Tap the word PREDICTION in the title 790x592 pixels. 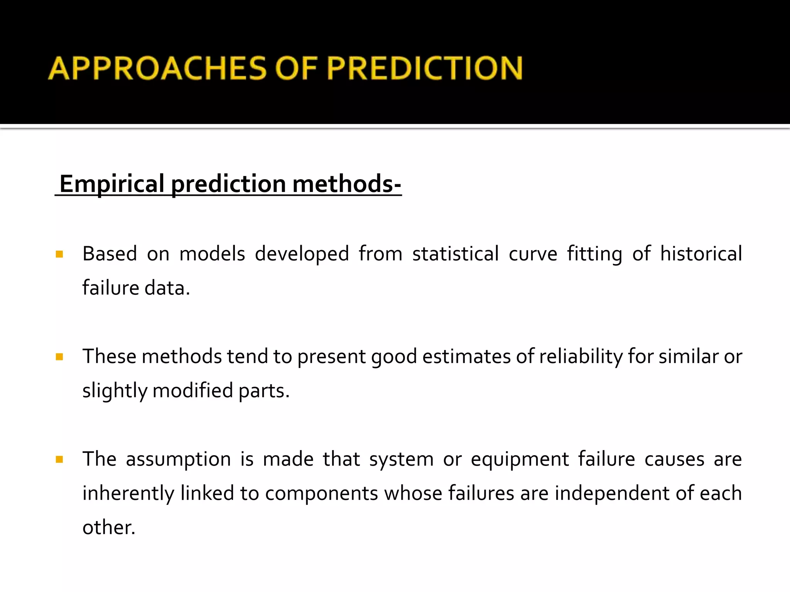click(425, 68)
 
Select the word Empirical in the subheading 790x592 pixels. click(112, 184)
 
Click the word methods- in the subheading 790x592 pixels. click(347, 184)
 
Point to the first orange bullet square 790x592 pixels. click(59, 254)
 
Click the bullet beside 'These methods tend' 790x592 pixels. click(59, 357)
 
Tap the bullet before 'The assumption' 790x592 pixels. click(59, 459)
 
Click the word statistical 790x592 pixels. click(456, 254)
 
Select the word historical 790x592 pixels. click(701, 254)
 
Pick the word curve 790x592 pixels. click(533, 254)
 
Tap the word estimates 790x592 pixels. click(466, 357)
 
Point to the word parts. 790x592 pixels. click(264, 390)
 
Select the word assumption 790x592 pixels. click(178, 459)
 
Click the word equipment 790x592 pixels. click(520, 459)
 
